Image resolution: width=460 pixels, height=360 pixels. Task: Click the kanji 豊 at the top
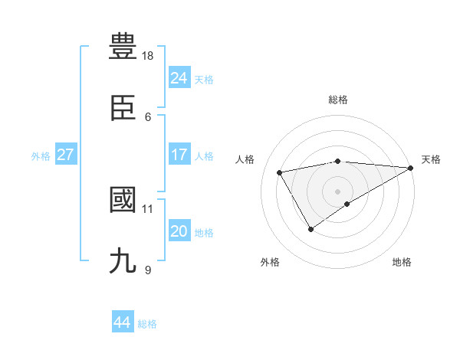point(123,47)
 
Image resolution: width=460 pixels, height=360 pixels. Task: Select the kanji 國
point(123,200)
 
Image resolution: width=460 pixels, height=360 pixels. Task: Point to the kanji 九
point(123,261)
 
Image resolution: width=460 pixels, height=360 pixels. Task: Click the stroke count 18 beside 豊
point(148,56)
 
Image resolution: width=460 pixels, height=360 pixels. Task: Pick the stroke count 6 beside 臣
point(148,117)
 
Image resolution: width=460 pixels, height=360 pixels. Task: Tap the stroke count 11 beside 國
point(148,208)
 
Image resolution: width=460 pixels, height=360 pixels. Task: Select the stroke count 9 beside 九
point(148,270)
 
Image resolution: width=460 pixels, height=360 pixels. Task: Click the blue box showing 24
point(179,77)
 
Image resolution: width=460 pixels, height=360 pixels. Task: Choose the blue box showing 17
point(179,155)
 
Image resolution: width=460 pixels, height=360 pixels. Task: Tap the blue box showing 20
point(179,231)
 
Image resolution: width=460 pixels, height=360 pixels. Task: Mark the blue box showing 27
point(65,155)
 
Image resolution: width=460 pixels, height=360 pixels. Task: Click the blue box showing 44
point(122,322)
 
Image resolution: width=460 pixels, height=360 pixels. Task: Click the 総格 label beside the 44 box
point(147,324)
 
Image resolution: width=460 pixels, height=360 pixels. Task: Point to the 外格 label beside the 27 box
point(41,156)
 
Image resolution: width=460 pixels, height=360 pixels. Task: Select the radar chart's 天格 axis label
point(431,159)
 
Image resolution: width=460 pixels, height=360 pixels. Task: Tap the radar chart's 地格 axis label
point(402,262)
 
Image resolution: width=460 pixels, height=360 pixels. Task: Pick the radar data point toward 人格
point(280,173)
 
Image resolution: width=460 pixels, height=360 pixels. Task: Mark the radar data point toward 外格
point(310,229)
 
